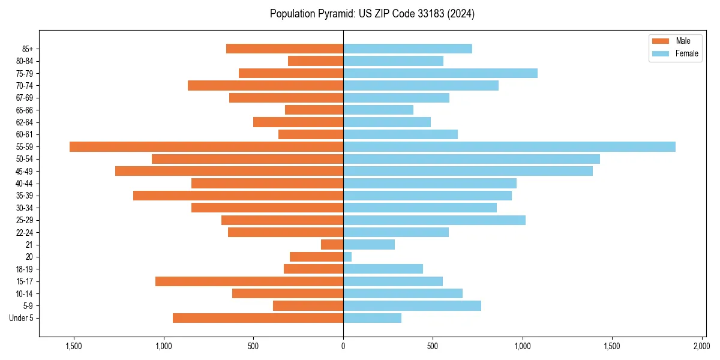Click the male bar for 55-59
point(206,146)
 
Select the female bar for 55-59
point(509,146)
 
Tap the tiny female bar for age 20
point(347,257)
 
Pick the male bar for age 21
point(332,245)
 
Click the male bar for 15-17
point(249,281)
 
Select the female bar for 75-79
point(440,73)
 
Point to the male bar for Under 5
point(258,318)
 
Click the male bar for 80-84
point(316,61)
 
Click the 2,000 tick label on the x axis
point(702,346)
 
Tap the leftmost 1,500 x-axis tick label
point(74,346)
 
